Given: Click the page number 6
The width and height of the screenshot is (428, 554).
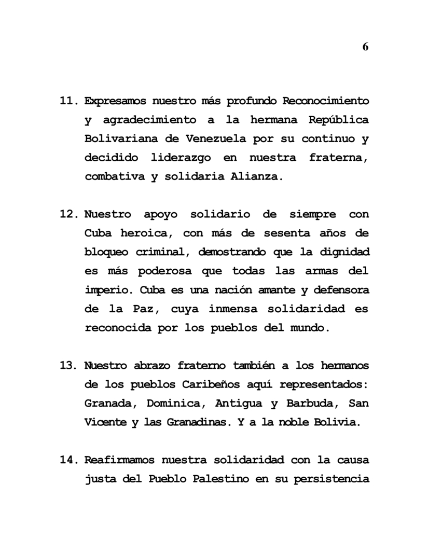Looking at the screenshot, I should (365, 47).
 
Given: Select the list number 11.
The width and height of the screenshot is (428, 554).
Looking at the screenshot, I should (69, 101).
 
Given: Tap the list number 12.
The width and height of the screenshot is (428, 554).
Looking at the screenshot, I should (69, 214).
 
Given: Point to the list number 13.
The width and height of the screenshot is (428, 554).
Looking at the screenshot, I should (69, 366).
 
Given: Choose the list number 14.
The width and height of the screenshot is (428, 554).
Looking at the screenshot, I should (69, 460).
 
